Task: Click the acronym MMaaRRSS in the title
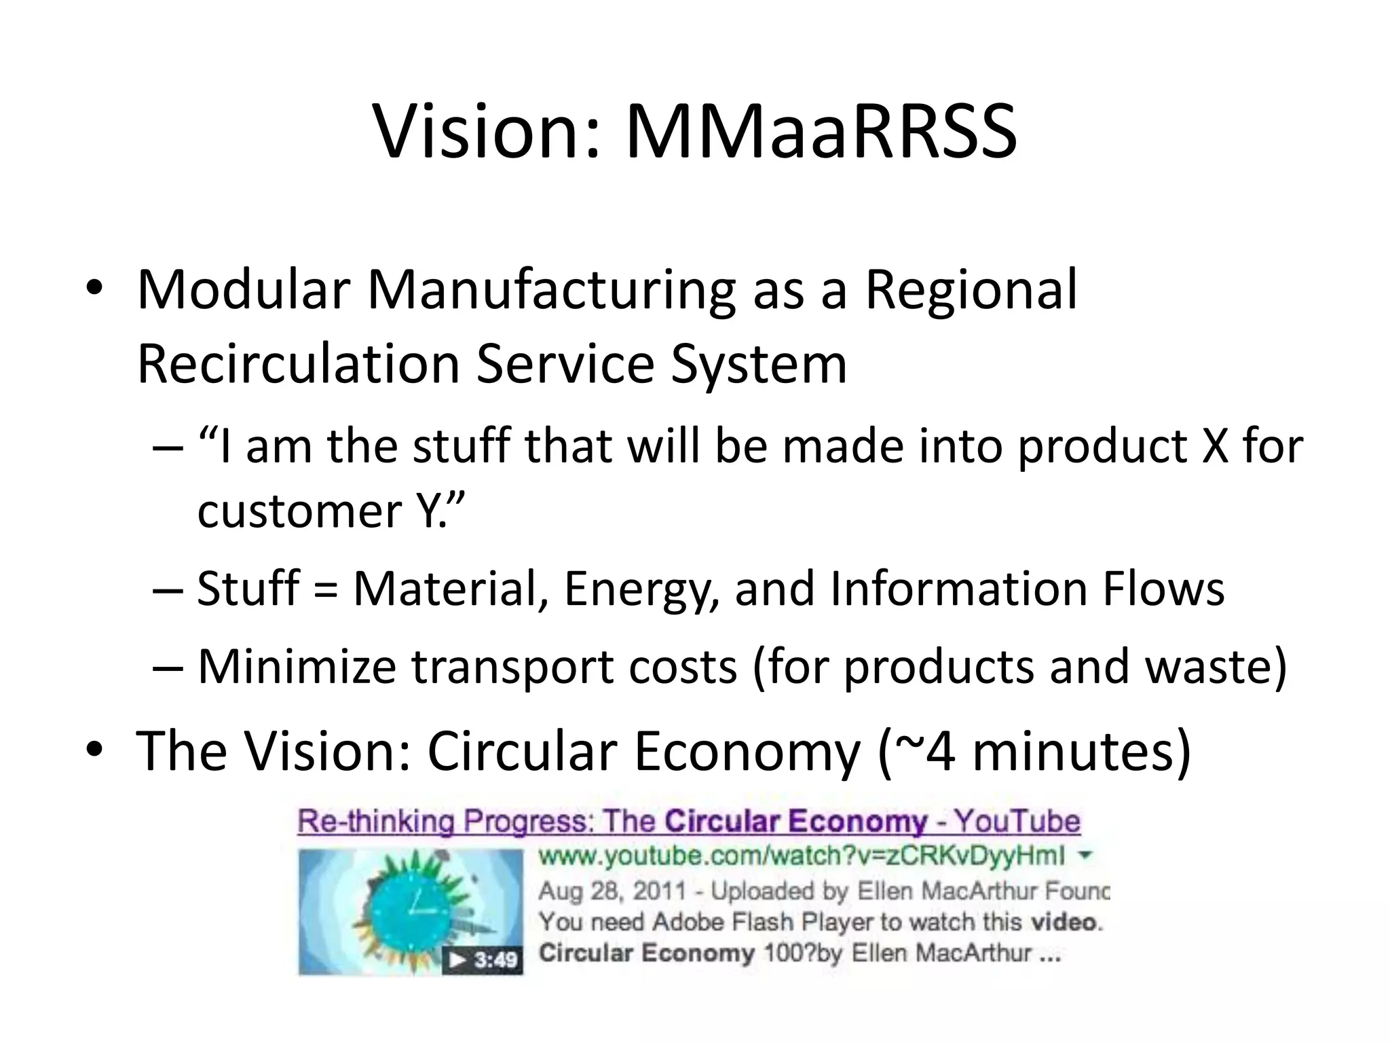[x=821, y=132]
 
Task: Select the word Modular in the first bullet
[x=243, y=291]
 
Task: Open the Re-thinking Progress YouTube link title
[x=688, y=822]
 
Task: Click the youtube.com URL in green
[x=801, y=856]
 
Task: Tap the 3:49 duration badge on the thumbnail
[x=483, y=960]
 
